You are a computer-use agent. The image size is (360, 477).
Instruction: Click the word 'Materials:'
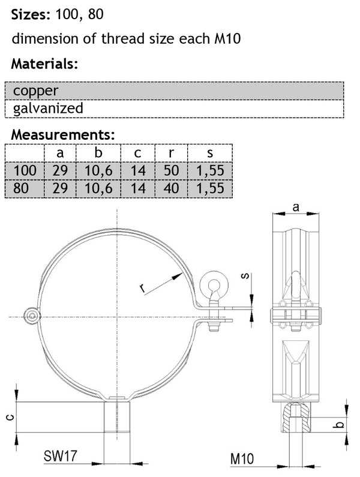click(x=45, y=64)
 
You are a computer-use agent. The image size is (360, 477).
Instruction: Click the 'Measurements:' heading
click(x=63, y=134)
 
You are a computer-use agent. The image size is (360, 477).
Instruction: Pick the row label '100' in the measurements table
click(x=25, y=171)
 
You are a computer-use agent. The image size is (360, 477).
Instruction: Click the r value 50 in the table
click(x=171, y=171)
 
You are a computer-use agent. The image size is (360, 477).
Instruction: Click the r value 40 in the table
click(x=171, y=188)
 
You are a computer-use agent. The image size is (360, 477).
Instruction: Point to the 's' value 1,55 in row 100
click(x=209, y=171)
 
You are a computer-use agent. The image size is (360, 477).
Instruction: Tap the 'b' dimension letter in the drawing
click(x=340, y=425)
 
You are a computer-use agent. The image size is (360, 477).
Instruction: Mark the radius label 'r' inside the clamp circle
click(x=143, y=288)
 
